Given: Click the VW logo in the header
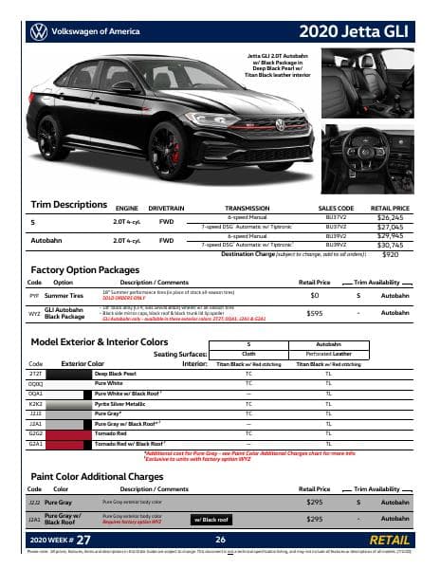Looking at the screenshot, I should (40, 31).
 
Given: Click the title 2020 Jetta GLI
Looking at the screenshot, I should (357, 31).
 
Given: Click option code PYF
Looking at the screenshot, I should (35, 296).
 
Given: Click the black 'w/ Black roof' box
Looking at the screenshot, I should (215, 519).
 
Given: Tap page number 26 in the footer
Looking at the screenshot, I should (219, 540).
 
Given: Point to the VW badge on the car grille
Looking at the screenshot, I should (280, 124).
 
